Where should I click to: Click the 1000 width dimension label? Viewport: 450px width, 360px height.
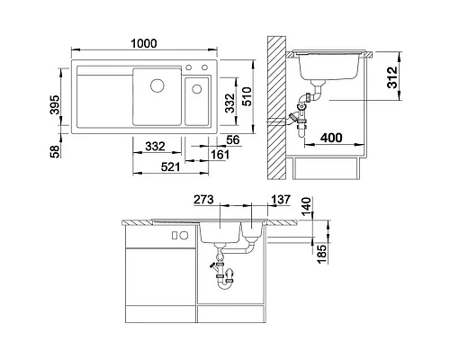144,43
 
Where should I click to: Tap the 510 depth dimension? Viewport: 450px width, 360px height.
247,96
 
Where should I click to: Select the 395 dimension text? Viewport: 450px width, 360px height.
55,104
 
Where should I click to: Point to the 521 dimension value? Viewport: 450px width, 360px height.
170,166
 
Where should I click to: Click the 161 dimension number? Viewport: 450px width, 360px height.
220,155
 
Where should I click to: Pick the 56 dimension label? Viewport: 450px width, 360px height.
233,139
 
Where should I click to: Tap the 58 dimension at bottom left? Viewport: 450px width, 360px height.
55,151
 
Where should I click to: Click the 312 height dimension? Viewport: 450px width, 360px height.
392,77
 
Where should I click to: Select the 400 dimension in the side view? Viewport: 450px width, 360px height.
331,138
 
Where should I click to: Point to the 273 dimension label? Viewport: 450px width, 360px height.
203,200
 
